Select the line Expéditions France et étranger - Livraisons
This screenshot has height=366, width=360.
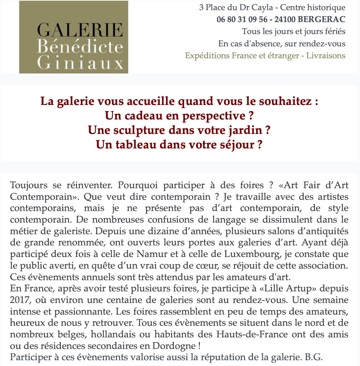(x=265, y=56)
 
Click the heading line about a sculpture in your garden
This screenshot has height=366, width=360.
(x=180, y=130)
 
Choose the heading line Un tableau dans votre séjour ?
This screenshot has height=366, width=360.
(x=179, y=144)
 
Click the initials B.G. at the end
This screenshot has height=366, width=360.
(x=313, y=357)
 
